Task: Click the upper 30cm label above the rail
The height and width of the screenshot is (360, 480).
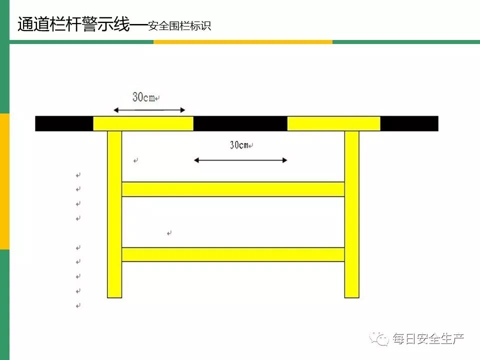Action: pos(143,97)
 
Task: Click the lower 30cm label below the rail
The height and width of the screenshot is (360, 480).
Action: pos(239,145)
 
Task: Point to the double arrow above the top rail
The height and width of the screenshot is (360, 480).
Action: pos(149,110)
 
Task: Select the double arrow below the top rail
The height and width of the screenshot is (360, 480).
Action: pos(240,160)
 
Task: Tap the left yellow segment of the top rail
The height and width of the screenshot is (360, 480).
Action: pos(143,123)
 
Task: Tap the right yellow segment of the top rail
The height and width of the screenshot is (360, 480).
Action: pos(333,123)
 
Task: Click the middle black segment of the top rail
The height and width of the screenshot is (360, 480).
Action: pos(240,123)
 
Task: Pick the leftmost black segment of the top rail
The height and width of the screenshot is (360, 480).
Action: pos(64,123)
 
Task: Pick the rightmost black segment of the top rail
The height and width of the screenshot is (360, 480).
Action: pos(409,123)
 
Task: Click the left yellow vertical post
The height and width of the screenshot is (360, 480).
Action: pos(114,215)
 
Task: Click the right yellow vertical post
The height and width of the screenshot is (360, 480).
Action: pos(352,215)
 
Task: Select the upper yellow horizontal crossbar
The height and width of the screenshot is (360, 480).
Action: pos(233,189)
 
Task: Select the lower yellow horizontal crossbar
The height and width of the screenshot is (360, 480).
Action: pos(233,254)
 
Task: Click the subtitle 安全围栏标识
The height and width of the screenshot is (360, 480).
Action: pos(179,26)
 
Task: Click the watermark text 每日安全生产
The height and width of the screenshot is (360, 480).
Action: pos(428,339)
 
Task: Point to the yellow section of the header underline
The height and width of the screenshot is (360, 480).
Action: pos(242,42)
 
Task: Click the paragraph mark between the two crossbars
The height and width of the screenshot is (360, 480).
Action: pos(169,233)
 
